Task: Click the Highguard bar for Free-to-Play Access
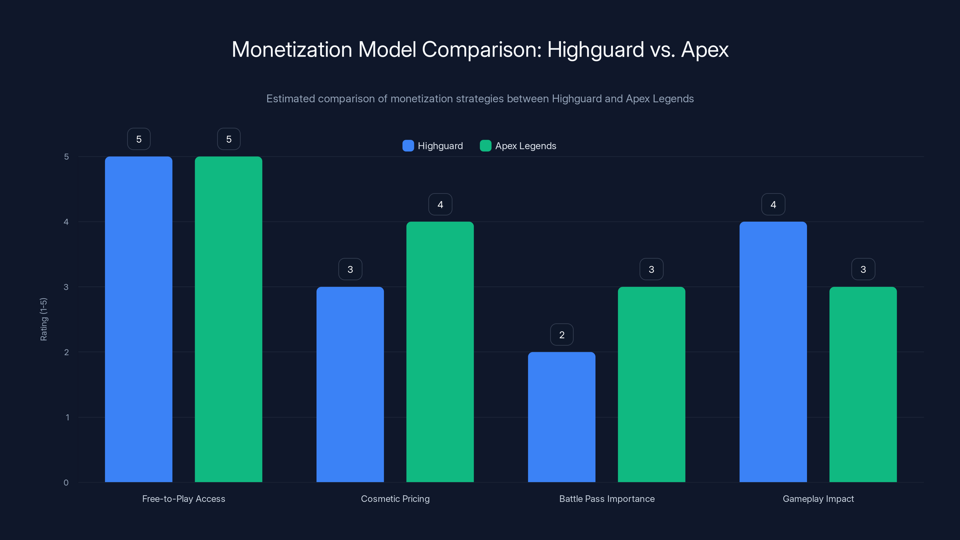[139, 319]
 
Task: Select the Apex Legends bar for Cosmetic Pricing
[440, 352]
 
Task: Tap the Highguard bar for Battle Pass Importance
[562, 417]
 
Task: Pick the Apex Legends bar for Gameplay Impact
[863, 384]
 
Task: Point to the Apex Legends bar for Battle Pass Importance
[651, 384]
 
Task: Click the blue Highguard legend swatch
[408, 146]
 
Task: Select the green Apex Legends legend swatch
[486, 146]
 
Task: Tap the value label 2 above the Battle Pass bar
[562, 335]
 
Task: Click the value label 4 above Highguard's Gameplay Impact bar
[773, 204]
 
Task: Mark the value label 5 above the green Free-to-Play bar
[229, 139]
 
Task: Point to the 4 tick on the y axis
[66, 222]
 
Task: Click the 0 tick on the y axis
[66, 483]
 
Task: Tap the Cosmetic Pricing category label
[395, 499]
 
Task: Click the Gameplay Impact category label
[818, 499]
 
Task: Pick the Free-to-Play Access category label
[184, 499]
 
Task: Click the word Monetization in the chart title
[292, 49]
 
